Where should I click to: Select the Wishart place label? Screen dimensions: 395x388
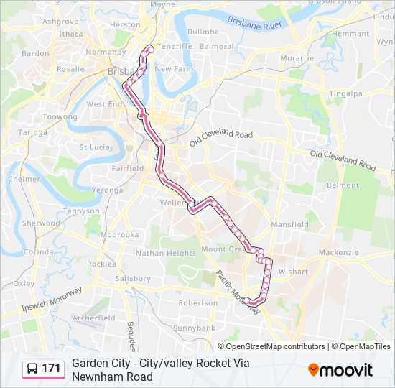pyautogui.click(x=293, y=272)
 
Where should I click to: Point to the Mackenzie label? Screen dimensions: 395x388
pyautogui.click(x=338, y=253)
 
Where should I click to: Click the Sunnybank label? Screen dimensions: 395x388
pyautogui.click(x=194, y=327)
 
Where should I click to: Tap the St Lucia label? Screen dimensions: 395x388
pyautogui.click(x=93, y=147)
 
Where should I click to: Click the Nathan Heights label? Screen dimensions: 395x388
pyautogui.click(x=166, y=253)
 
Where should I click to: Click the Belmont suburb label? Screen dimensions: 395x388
pyautogui.click(x=343, y=185)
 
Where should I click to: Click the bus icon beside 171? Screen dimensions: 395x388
pyautogui.click(x=32, y=369)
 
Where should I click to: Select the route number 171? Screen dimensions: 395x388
pyautogui.click(x=51, y=369)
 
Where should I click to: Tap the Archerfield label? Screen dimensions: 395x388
pyautogui.click(x=93, y=318)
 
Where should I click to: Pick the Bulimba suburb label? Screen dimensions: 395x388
pyautogui.click(x=203, y=32)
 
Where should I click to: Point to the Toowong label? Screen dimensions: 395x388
pyautogui.click(x=60, y=116)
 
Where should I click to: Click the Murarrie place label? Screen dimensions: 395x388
pyautogui.click(x=297, y=58)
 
